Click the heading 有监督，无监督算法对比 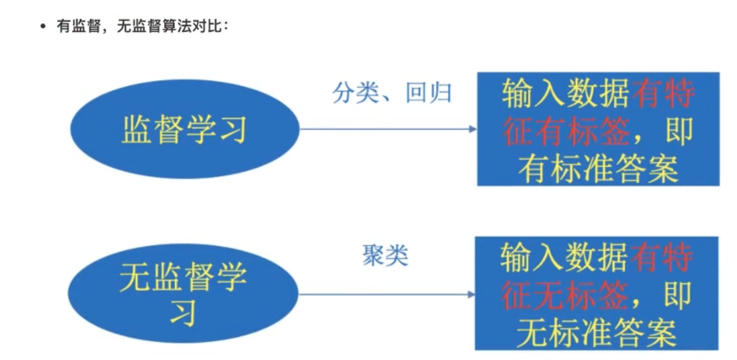pos(143,28)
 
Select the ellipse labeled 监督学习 pos(185,129)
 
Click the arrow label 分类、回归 pos(391,93)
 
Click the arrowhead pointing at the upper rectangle pos(473,129)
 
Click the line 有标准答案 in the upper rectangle pos(598,169)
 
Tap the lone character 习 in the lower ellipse pos(184,311)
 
